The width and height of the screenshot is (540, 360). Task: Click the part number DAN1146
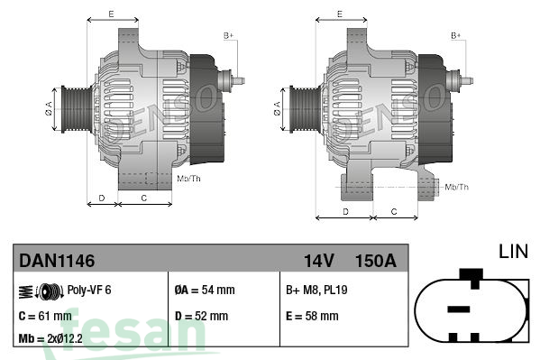pyautogui.click(x=57, y=261)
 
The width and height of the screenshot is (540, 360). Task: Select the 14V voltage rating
pyautogui.click(x=319, y=261)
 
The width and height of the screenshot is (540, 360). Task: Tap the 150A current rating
pyautogui.click(x=376, y=261)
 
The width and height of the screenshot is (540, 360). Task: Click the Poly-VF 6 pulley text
pyautogui.click(x=89, y=291)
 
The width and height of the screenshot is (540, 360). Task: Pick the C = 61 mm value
pyautogui.click(x=44, y=316)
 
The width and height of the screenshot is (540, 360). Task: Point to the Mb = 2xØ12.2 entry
pyautogui.click(x=50, y=339)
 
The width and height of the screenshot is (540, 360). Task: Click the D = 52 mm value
pyautogui.click(x=201, y=316)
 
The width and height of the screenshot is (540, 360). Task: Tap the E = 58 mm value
pyautogui.click(x=311, y=316)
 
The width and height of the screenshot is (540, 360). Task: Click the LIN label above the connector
pyautogui.click(x=513, y=250)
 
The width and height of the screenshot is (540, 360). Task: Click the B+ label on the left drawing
pyautogui.click(x=228, y=35)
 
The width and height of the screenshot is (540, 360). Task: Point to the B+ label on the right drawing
pyautogui.click(x=456, y=35)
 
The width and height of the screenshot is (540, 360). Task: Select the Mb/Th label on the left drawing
pyautogui.click(x=189, y=180)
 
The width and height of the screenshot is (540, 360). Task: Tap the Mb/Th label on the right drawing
pyautogui.click(x=457, y=187)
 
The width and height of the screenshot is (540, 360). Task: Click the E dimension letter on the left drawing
pyautogui.click(x=111, y=14)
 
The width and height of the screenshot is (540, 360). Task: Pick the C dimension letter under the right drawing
pyautogui.click(x=394, y=211)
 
